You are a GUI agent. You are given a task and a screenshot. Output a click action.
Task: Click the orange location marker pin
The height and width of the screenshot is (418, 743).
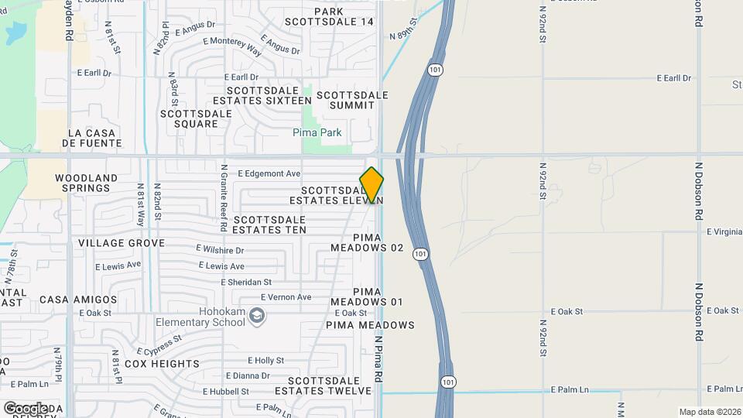pos(371,185)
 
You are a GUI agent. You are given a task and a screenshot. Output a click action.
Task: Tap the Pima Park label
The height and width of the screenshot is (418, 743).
pos(317,133)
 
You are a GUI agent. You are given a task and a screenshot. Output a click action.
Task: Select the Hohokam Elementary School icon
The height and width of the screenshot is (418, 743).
pos(258,316)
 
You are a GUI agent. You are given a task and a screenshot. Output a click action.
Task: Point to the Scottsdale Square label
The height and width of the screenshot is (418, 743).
pos(196,118)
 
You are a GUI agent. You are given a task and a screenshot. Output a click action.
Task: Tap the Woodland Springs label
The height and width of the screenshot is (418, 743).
pos(86,183)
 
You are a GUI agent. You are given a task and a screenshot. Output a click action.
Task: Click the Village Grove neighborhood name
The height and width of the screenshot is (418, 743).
pos(122,243)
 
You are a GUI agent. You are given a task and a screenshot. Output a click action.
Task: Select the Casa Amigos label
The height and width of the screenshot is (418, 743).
pos(78,300)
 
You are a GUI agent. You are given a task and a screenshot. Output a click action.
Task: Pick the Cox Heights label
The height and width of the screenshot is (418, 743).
pos(162,364)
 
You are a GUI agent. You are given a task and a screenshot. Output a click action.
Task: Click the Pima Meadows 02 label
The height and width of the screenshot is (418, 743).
pos(367,242)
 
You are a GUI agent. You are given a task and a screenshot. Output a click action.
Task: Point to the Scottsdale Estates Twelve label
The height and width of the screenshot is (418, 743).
pos(329,385)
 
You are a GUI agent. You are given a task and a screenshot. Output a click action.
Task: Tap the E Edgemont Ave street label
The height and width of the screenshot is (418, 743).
pos(269,174)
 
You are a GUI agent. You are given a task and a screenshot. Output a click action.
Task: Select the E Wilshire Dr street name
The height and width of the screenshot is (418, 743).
pos(220,250)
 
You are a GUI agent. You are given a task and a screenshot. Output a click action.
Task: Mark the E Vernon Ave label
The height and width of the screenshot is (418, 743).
pos(286,297)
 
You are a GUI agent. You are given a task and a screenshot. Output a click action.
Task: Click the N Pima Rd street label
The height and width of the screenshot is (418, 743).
pos(379,358)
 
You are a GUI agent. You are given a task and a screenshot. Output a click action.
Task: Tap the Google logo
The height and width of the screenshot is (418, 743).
pos(25,408)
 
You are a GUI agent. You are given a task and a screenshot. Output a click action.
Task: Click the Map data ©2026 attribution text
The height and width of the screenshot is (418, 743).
pos(709,412)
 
